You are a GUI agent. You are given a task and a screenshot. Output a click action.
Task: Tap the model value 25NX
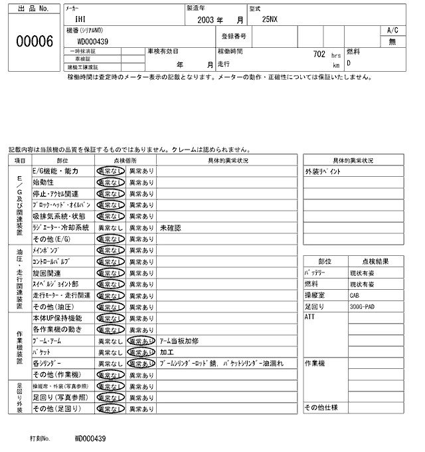[x=270, y=20]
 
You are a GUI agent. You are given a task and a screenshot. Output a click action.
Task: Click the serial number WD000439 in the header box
[x=92, y=41]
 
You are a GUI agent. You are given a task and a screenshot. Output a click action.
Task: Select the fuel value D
[x=349, y=63]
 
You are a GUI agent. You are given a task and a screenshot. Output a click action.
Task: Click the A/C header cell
[x=392, y=31]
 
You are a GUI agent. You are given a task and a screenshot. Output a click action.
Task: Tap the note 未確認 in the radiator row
[x=171, y=227]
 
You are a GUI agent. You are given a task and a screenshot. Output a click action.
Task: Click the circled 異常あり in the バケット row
[x=141, y=352]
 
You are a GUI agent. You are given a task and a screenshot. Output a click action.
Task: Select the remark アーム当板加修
[x=180, y=340]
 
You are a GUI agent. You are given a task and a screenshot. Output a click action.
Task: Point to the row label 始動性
[x=43, y=182]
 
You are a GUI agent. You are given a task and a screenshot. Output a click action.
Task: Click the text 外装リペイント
[x=323, y=171]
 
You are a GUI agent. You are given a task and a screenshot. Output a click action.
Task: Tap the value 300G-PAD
[x=363, y=307]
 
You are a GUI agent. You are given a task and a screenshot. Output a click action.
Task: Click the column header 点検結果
[x=376, y=261]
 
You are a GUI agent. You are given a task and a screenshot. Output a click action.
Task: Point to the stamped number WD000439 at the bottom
[x=90, y=439]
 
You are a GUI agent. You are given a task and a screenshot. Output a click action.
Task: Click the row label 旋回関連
[x=46, y=273]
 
